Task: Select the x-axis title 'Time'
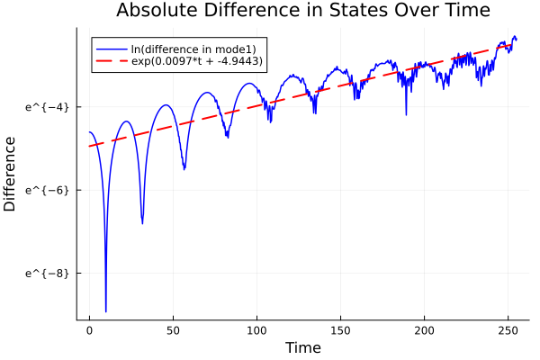302,347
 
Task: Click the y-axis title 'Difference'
11,174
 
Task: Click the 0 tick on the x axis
89,330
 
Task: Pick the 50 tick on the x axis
173,330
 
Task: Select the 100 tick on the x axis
256,330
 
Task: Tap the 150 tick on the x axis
340,330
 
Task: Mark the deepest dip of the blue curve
106,310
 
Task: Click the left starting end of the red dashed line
89,146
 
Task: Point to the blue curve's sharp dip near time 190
406,114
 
